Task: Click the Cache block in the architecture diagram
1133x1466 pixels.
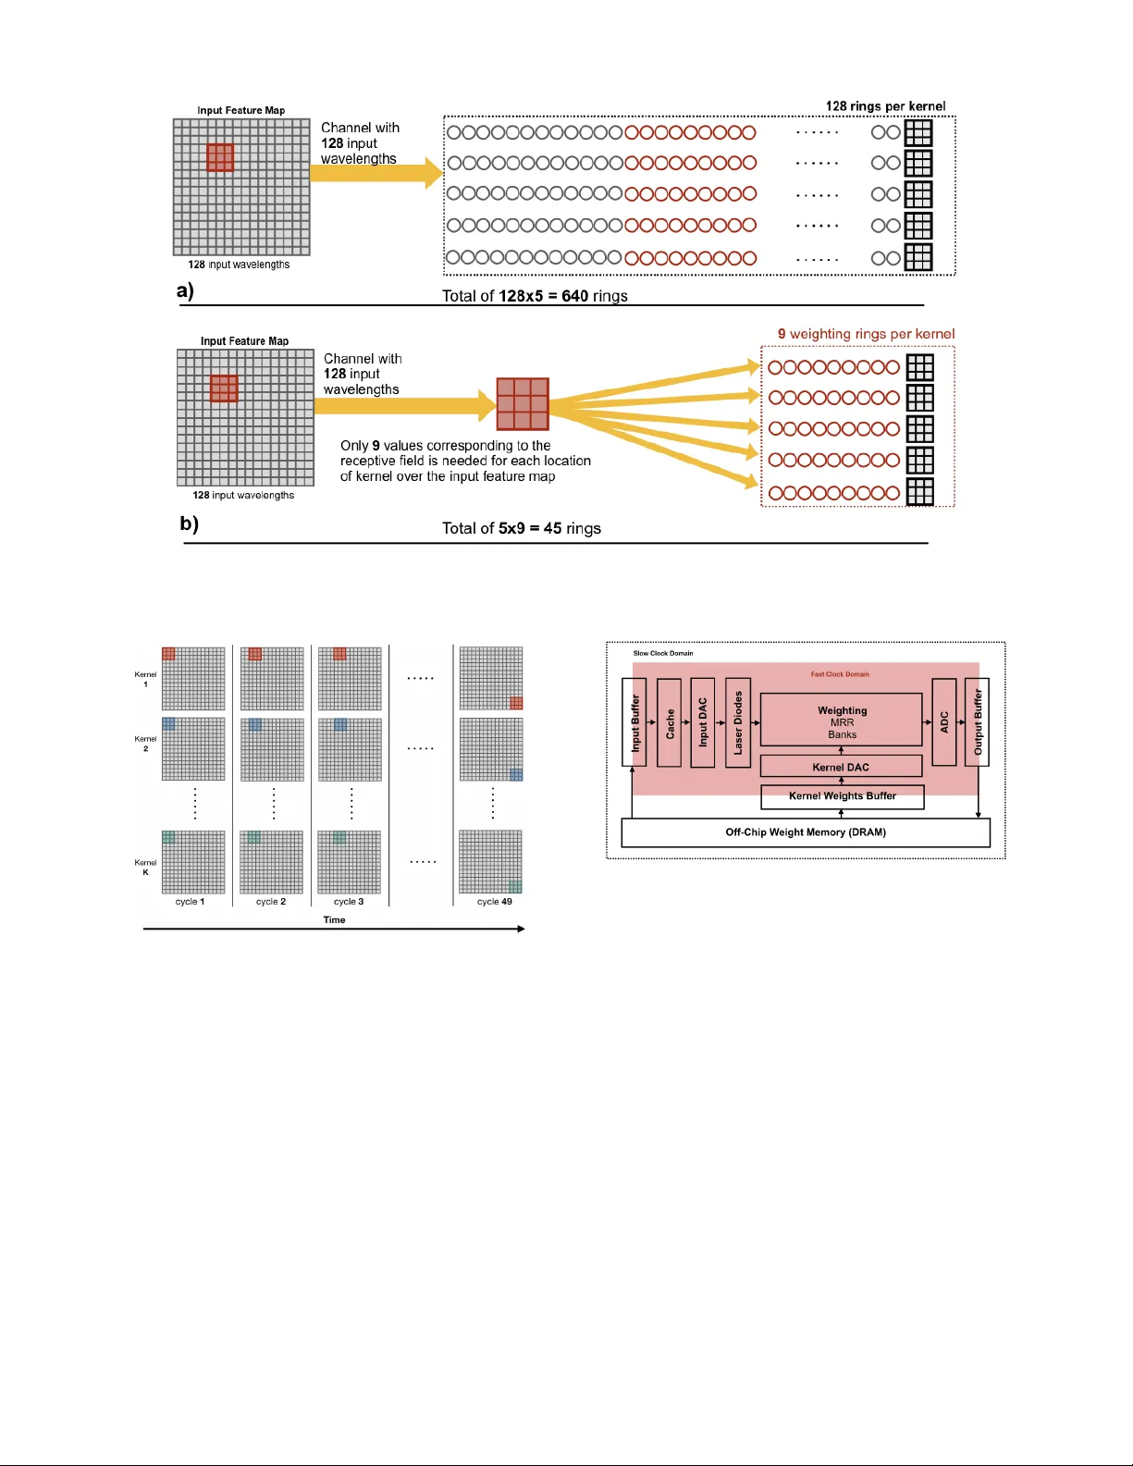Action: pyautogui.click(x=669, y=722)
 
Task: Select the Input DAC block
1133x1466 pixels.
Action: pyautogui.click(x=702, y=722)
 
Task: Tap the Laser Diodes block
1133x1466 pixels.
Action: pyautogui.click(x=737, y=722)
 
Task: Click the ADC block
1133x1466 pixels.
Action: pyautogui.click(x=943, y=722)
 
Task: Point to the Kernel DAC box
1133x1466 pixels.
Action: pyautogui.click(x=841, y=766)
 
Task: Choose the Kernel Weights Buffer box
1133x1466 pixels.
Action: pyautogui.click(x=842, y=796)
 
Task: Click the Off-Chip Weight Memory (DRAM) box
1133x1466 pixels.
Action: pyautogui.click(x=805, y=832)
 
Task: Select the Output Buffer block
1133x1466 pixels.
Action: pyautogui.click(x=977, y=722)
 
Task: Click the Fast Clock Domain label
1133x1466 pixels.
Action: pyautogui.click(x=840, y=674)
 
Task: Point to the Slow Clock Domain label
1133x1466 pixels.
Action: pyautogui.click(x=662, y=653)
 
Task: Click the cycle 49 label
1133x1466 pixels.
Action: pyautogui.click(x=494, y=902)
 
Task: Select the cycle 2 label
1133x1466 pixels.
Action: pyautogui.click(x=271, y=902)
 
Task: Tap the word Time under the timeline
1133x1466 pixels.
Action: pyautogui.click(x=334, y=920)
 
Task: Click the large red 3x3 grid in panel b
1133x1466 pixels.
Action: pyautogui.click(x=523, y=404)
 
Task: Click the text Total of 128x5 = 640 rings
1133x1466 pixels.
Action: pyautogui.click(x=535, y=296)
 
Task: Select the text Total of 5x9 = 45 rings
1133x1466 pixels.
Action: pyautogui.click(x=521, y=528)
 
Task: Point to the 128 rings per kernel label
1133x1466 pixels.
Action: pyautogui.click(x=885, y=106)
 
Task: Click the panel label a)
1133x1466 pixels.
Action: pyautogui.click(x=185, y=291)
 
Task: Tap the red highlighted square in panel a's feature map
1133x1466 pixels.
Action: pyautogui.click(x=220, y=157)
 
